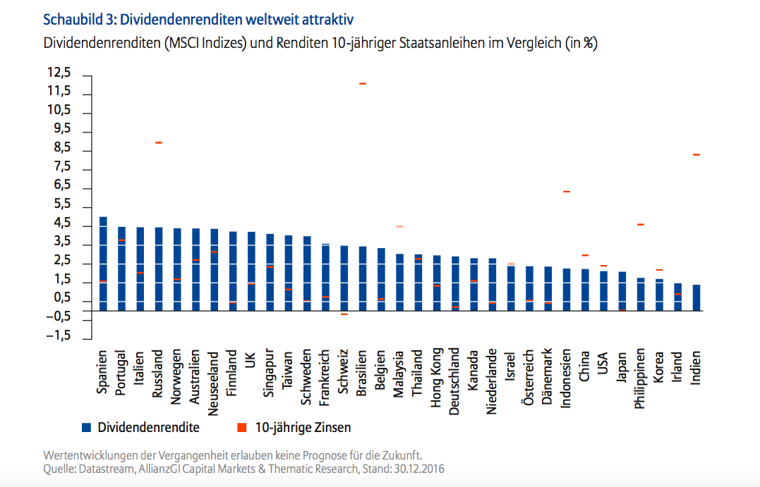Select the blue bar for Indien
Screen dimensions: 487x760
click(x=696, y=297)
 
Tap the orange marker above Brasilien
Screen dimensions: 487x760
click(x=363, y=84)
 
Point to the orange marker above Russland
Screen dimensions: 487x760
click(x=159, y=143)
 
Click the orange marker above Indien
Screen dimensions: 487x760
click(x=696, y=155)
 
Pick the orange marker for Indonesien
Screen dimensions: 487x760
click(x=566, y=192)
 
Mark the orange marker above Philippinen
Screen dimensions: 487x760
click(x=640, y=225)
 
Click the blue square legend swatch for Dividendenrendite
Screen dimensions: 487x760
click(x=86, y=427)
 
